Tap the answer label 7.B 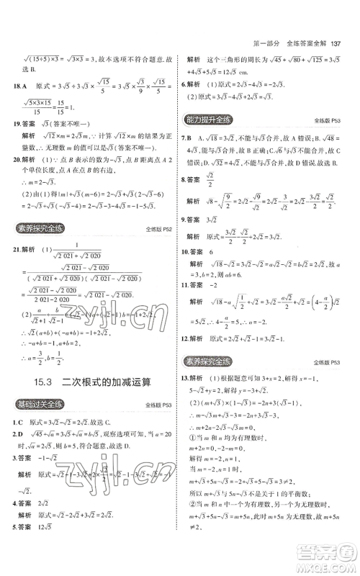(x=190, y=138)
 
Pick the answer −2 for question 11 (x=215, y=284)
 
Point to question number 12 (x=187, y=338)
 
